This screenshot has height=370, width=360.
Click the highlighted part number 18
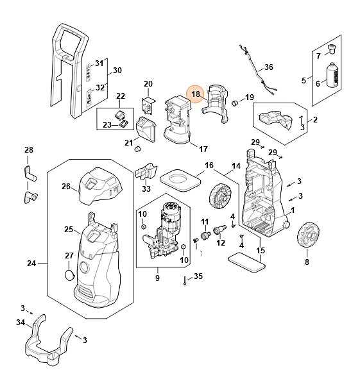(x=196, y=94)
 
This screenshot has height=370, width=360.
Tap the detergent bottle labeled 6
(x=332, y=75)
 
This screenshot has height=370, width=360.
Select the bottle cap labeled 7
(x=332, y=49)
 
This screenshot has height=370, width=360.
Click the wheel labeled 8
(x=308, y=235)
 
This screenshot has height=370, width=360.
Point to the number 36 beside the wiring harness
(x=269, y=67)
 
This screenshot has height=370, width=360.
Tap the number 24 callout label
(x=31, y=264)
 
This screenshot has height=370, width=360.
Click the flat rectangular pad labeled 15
(x=246, y=262)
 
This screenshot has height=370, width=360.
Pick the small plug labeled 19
(x=235, y=103)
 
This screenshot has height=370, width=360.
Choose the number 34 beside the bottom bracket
(x=21, y=323)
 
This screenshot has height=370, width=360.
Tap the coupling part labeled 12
(x=219, y=230)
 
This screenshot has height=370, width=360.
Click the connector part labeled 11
(x=205, y=235)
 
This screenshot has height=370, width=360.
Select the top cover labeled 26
(x=100, y=185)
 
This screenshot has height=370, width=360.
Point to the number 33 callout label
(x=146, y=189)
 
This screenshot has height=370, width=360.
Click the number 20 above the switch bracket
(x=148, y=84)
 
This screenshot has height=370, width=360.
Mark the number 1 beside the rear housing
(x=293, y=210)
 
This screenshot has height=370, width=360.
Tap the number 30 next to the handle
(x=117, y=70)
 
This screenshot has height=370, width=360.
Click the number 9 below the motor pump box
(x=157, y=278)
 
